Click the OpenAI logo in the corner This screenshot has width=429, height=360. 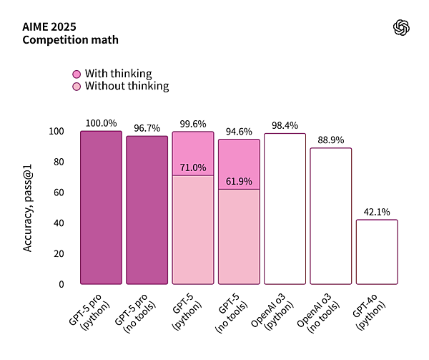pos(402,27)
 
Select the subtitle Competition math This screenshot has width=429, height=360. pos(70,40)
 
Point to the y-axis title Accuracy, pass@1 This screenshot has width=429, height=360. pos(29,208)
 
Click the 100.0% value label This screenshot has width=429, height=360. pos(101,123)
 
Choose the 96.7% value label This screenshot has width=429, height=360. pos(147,128)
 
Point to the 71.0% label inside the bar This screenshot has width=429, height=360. pos(193,167)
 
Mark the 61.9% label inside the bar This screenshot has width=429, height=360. pos(239,181)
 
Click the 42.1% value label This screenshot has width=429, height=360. pos(377,211)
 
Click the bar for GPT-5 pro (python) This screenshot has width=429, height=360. pos(101,208)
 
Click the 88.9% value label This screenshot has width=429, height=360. pos(331,140)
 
